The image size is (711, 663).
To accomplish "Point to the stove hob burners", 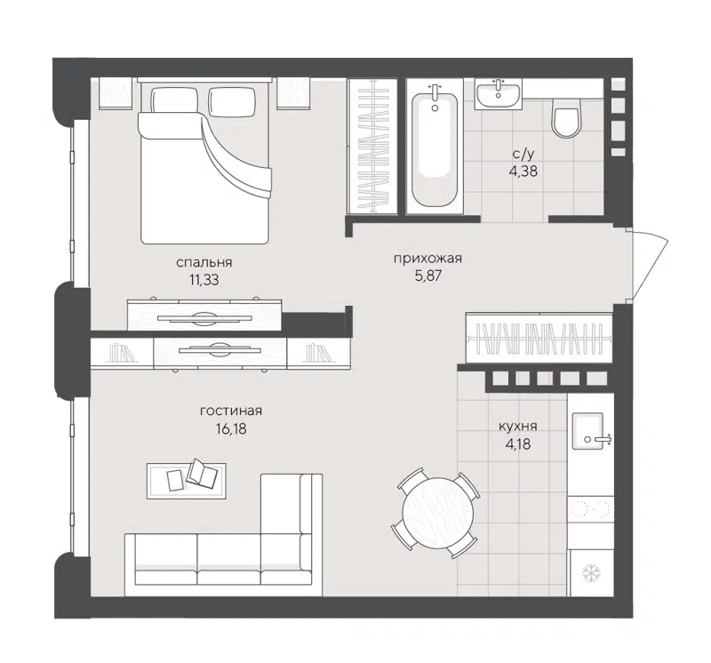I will click(x=590, y=509).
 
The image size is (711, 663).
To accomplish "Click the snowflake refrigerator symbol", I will click(x=590, y=573).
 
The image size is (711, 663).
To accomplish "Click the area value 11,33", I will click(x=204, y=279).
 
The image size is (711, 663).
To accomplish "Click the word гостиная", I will click(x=230, y=411).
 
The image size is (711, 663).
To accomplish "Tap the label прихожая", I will click(x=428, y=259).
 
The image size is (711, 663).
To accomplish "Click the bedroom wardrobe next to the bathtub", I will click(x=372, y=147).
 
